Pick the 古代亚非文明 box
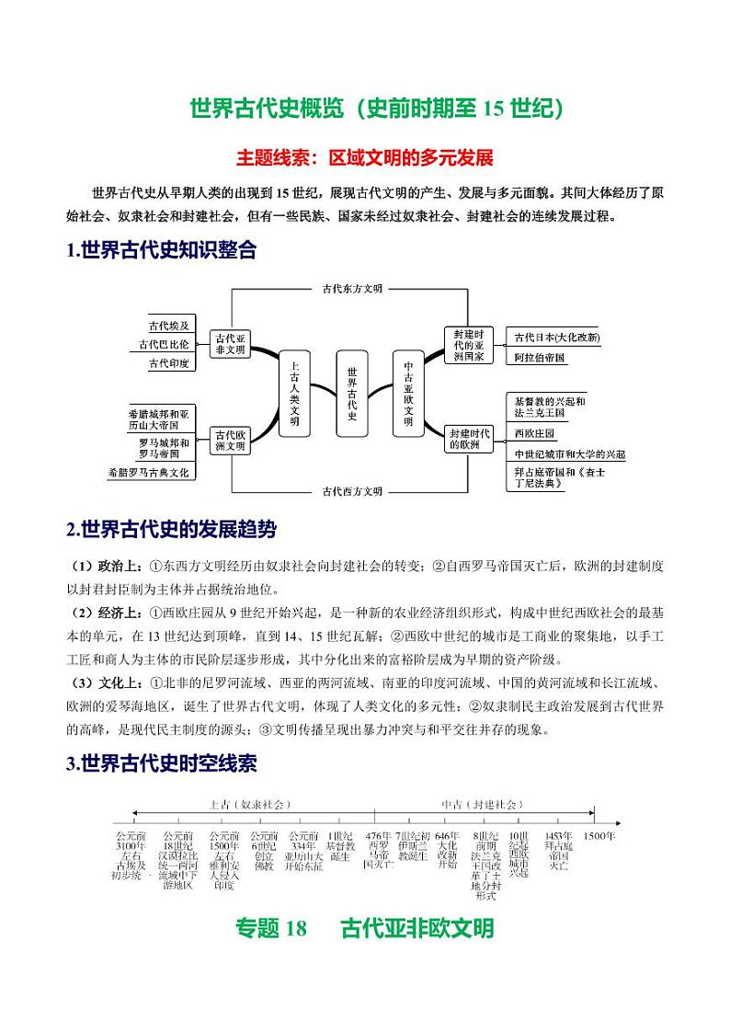[230, 344]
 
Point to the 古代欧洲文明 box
[230, 440]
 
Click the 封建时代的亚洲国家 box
[468, 344]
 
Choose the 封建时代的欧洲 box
[469, 439]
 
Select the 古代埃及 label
[169, 326]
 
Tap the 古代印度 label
[169, 363]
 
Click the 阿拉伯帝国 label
[541, 357]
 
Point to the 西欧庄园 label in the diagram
[535, 432]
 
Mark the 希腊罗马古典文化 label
[148, 473]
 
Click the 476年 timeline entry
[380, 850]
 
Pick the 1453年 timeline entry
[558, 850]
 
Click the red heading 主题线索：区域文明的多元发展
[365, 157]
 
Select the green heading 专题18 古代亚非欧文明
[365, 928]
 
